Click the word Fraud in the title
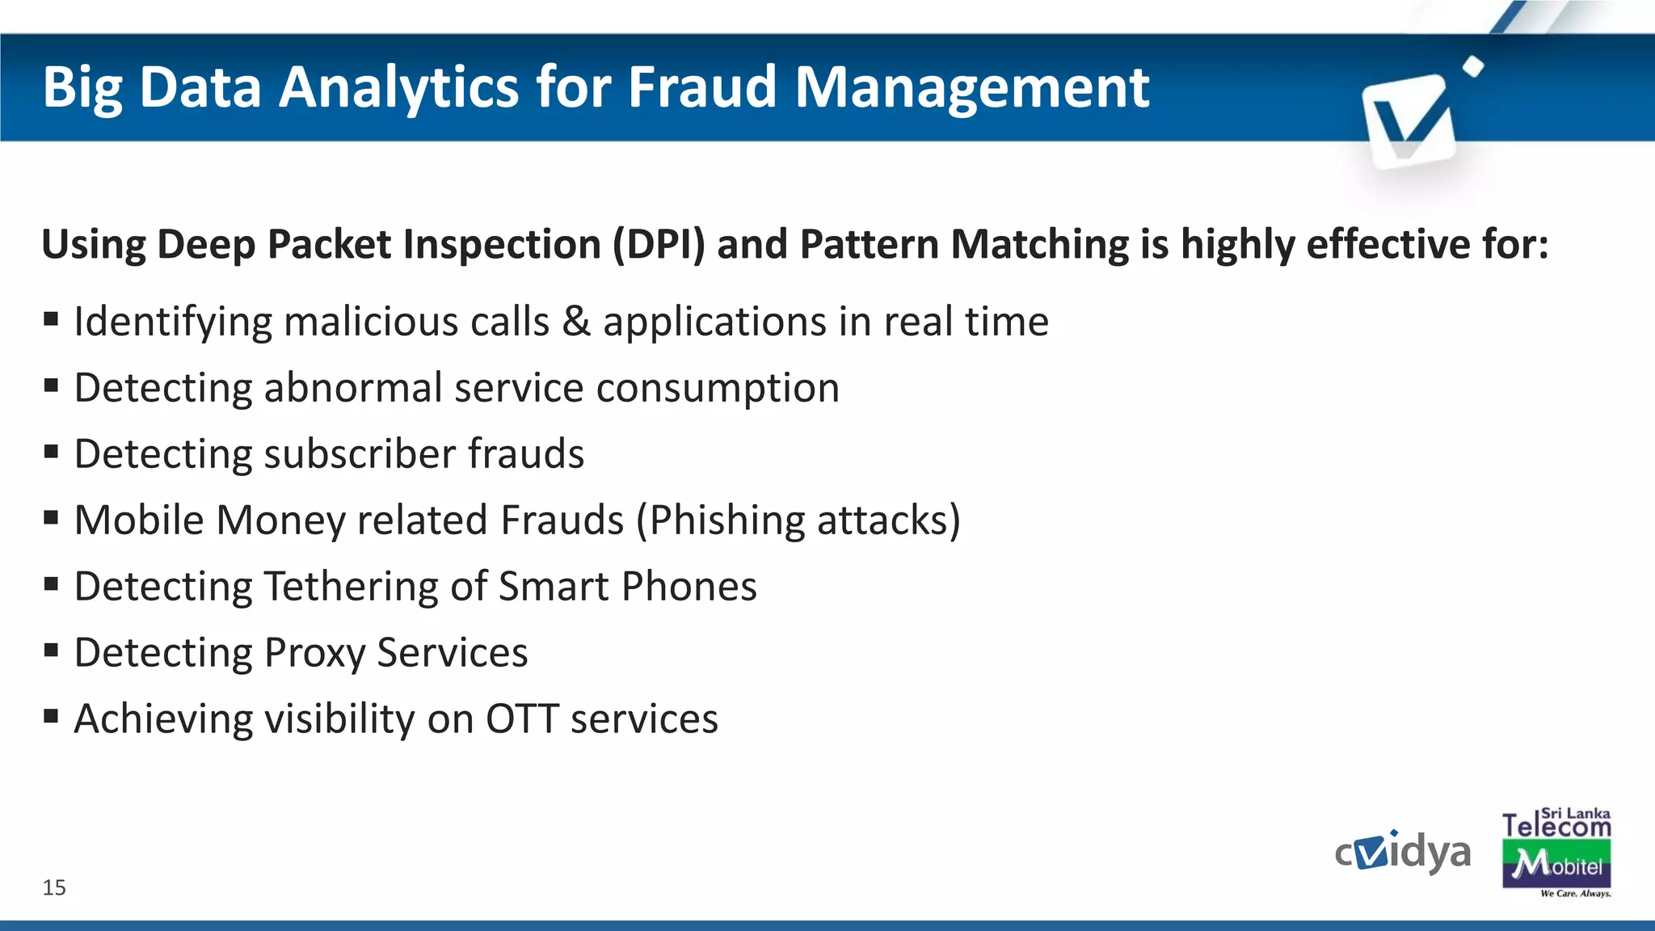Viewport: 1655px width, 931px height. coord(702,87)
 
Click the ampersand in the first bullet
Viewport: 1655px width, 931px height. coord(576,322)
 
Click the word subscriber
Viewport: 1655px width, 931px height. coord(359,454)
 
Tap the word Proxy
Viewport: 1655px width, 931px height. coord(314,653)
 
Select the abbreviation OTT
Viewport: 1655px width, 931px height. coord(522,719)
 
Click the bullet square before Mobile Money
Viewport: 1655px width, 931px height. coord(52,517)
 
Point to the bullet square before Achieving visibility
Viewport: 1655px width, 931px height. coord(52,715)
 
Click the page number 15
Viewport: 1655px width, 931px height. coord(54,887)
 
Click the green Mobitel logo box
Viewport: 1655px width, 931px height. coord(1556,865)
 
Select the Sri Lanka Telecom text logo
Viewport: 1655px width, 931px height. coord(1556,824)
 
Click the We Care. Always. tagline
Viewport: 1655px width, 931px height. coord(1575,894)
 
